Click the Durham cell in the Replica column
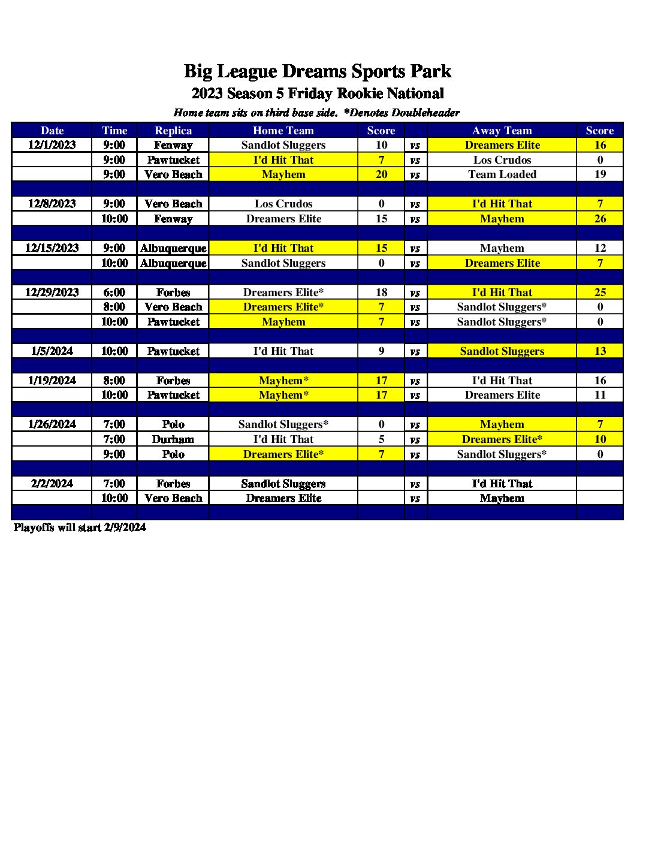coord(173,439)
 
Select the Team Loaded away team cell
coord(502,174)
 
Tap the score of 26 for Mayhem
coord(600,219)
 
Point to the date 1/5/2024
coord(52,351)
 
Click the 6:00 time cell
coord(114,293)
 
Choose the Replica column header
coord(173,131)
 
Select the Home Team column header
coord(283,131)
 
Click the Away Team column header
coord(502,131)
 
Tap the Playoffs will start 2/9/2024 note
coord(80,527)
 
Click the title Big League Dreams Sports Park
coord(318,71)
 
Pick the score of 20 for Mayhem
coord(381,174)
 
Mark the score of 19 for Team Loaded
coord(600,174)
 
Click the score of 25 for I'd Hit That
coord(600,293)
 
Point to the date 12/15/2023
coord(52,248)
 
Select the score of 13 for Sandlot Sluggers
coord(600,351)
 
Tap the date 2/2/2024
coord(52,484)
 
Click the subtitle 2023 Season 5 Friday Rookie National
coord(318,94)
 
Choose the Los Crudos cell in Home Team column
coord(283,204)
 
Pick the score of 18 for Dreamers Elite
coord(381,293)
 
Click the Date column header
coord(52,131)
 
